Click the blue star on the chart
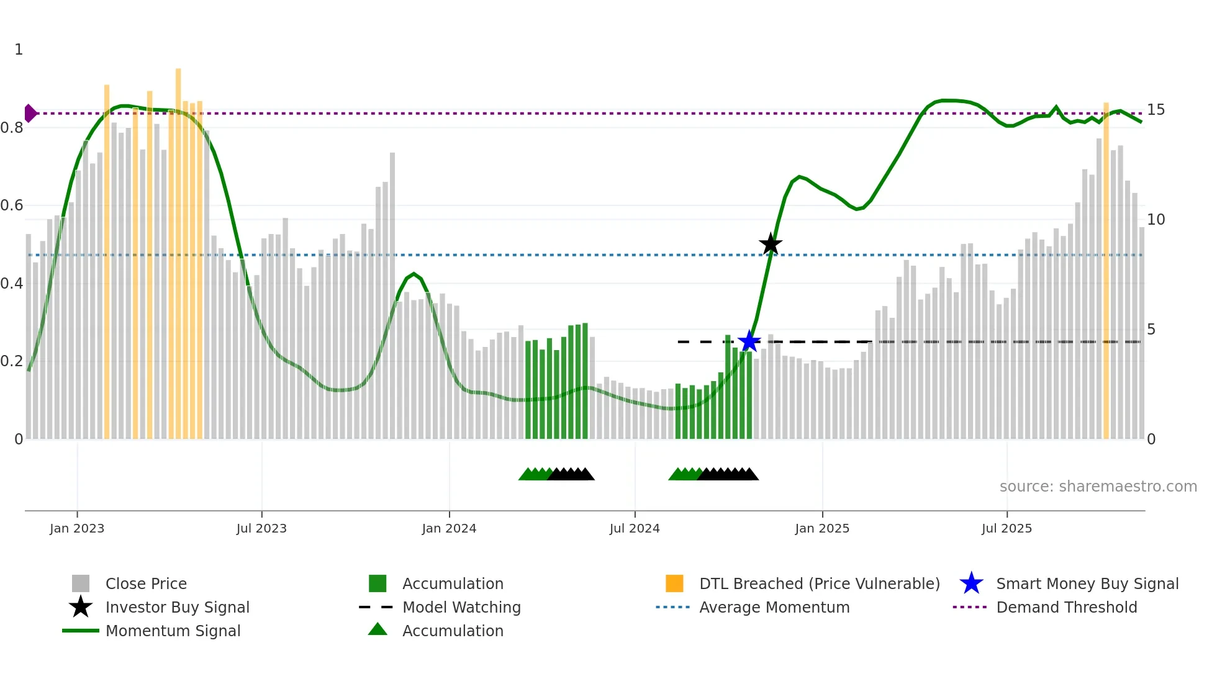click(x=749, y=341)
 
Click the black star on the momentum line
click(x=771, y=244)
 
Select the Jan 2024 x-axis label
click(x=449, y=528)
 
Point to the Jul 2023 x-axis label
click(x=261, y=528)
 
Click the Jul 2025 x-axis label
click(x=1007, y=528)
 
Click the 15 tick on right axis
click(x=1156, y=110)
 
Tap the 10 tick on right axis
click(x=1156, y=220)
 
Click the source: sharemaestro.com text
click(x=1098, y=487)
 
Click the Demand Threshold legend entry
click(x=1066, y=607)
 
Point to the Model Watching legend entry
click(x=461, y=607)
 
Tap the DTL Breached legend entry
click(x=819, y=583)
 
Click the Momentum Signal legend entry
click(x=173, y=631)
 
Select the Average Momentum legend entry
click(x=774, y=607)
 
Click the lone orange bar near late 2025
click(x=1106, y=273)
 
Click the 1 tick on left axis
click(x=19, y=50)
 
